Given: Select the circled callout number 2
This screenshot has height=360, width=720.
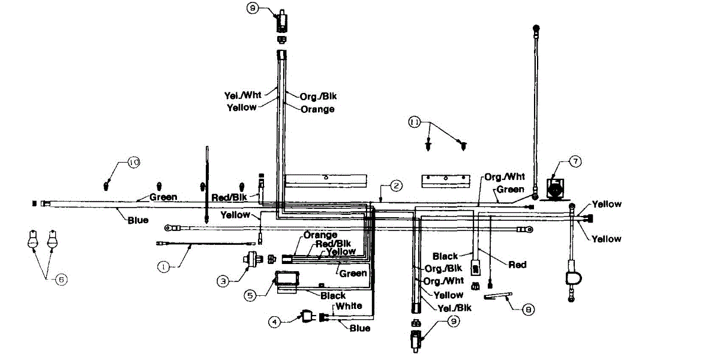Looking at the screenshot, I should point(396,185).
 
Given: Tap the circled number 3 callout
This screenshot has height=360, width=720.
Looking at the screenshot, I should point(223,280).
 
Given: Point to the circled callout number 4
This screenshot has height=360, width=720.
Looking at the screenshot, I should point(275,322).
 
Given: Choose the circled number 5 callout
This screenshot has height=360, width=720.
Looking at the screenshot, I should point(250,295).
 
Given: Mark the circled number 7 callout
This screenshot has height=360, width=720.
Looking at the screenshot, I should point(575,161).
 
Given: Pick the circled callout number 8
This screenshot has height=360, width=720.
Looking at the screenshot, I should point(527,310).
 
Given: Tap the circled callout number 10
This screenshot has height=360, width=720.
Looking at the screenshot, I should point(133,162).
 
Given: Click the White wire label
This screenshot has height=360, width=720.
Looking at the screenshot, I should point(349,306).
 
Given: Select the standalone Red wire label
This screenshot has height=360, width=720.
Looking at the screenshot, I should point(517,264).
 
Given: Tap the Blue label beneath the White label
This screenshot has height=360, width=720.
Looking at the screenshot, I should point(359,328).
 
